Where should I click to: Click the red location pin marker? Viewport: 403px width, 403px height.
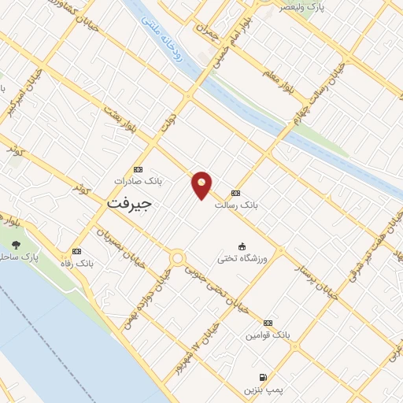[202, 185]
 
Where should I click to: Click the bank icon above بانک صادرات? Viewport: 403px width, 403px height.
[139, 169]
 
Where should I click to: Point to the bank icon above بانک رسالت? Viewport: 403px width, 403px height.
[235, 193]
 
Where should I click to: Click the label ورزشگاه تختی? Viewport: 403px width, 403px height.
[242, 258]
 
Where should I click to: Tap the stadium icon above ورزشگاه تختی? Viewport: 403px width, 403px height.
[242, 246]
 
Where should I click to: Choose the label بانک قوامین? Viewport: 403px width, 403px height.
[268, 335]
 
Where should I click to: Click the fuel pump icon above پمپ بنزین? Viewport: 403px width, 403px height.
[262, 378]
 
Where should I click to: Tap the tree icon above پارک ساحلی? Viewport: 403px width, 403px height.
[16, 245]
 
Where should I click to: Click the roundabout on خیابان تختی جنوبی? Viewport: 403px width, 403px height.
[177, 257]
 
